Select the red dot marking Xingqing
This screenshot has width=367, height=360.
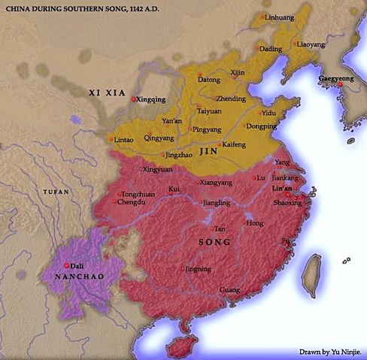[x=133, y=99]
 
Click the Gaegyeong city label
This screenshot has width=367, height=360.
[x=338, y=77]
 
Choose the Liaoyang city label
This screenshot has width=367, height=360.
[x=311, y=44]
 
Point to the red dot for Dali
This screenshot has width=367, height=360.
[x=68, y=265]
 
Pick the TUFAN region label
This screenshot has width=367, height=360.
[x=55, y=192]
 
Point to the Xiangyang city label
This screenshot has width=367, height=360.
[x=215, y=182]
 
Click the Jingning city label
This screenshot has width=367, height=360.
[x=198, y=268]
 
